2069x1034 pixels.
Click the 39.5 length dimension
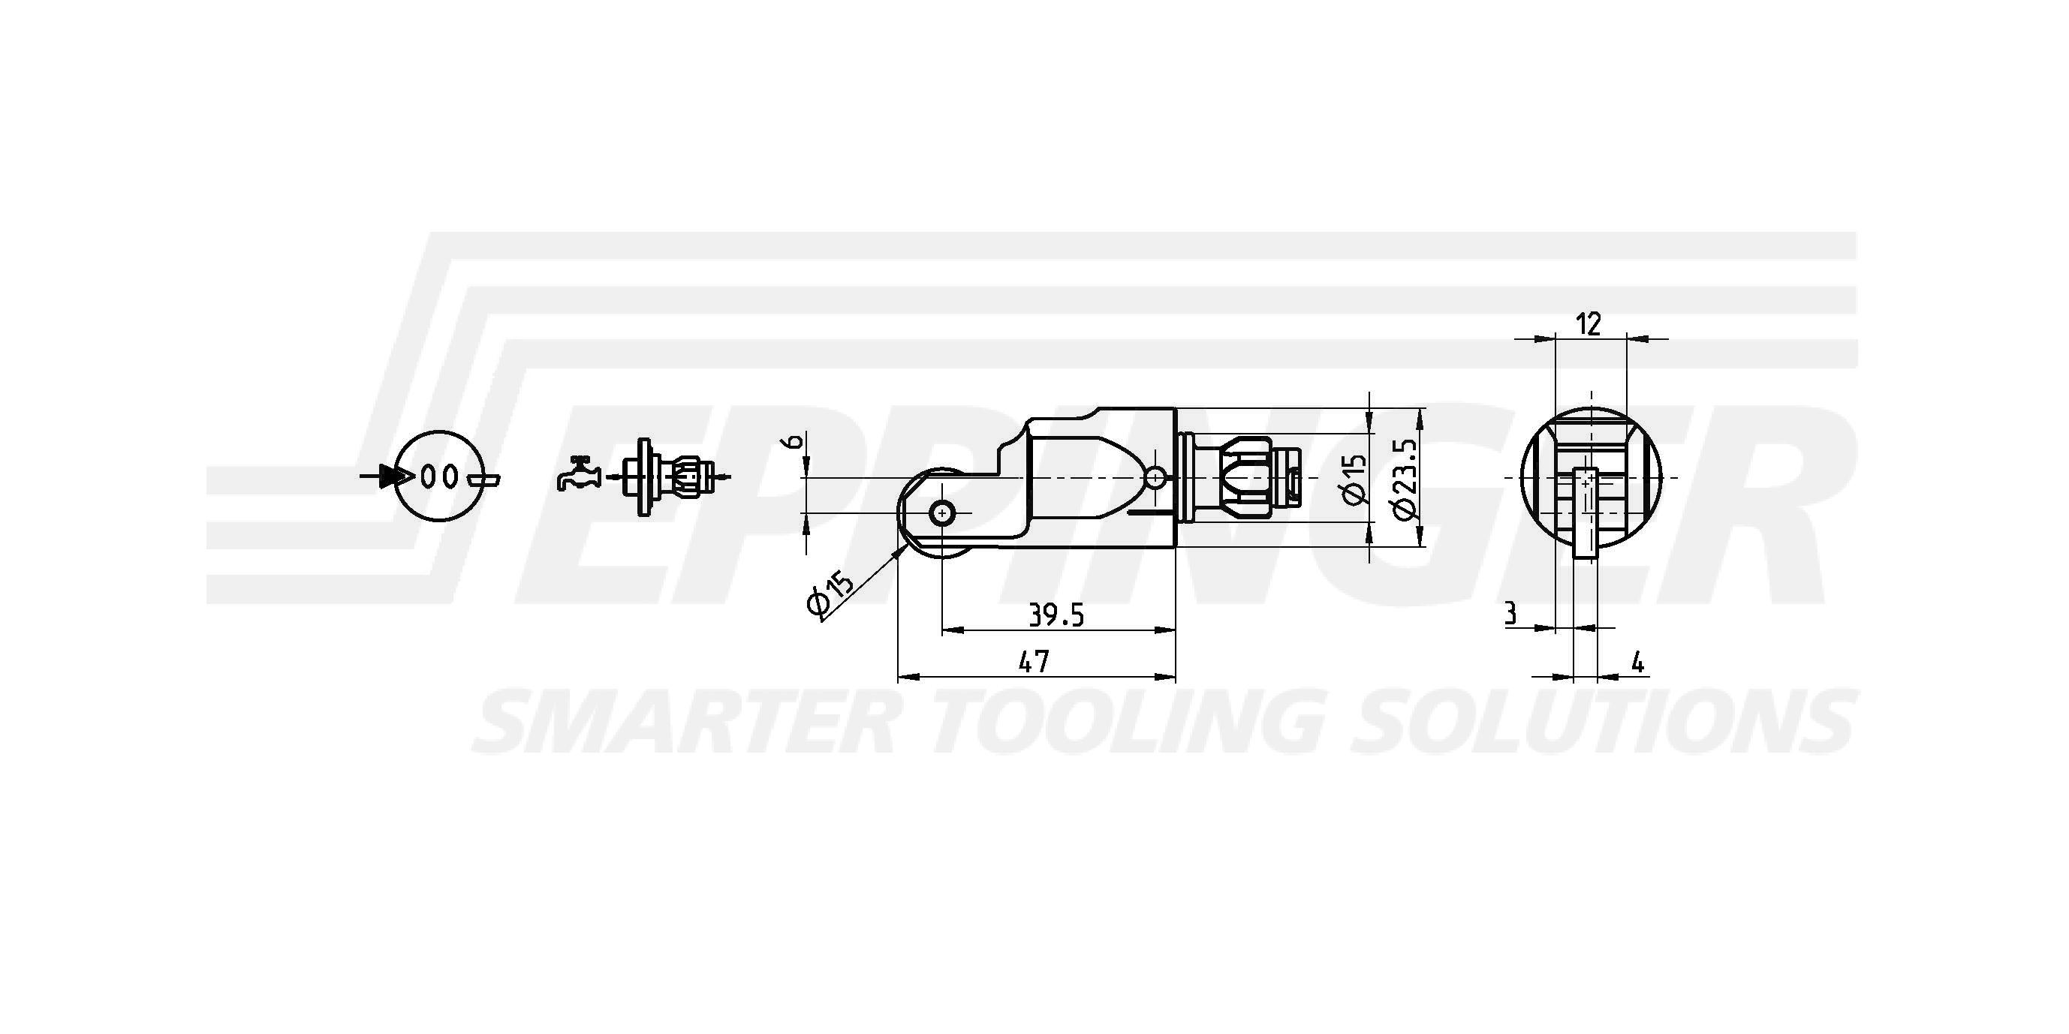click(1056, 616)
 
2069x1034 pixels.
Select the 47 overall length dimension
click(1034, 663)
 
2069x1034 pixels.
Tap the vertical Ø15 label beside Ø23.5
click(1355, 479)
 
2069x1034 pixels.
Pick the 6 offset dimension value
click(791, 441)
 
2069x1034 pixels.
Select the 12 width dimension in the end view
click(1589, 324)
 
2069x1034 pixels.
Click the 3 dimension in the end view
click(1510, 614)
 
